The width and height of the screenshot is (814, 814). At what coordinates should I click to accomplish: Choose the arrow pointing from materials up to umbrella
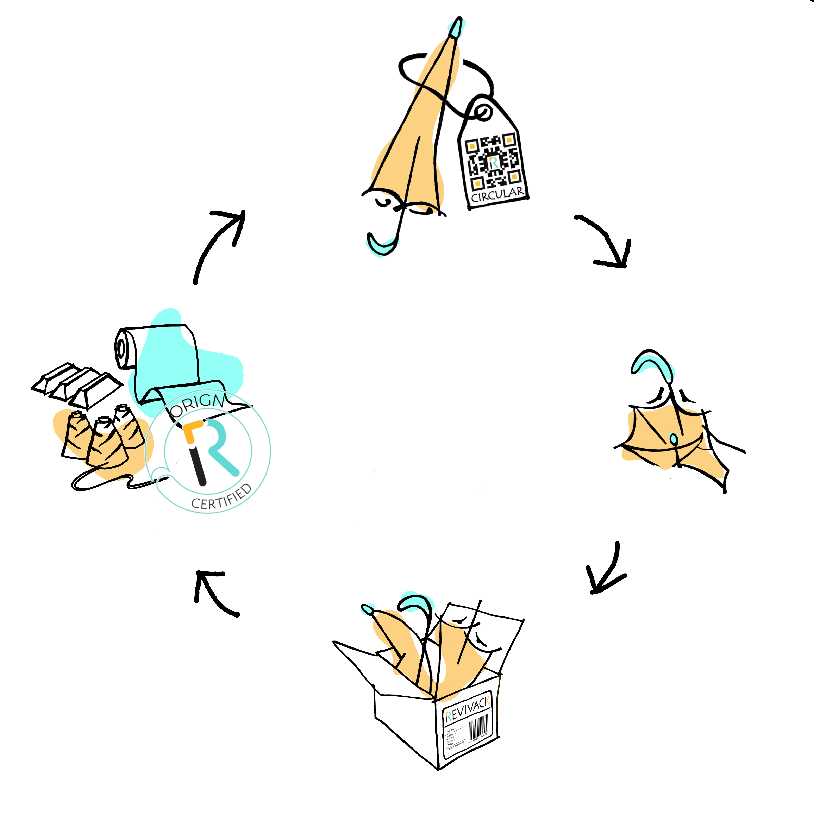click(219, 240)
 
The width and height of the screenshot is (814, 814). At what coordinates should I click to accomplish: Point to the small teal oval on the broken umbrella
click(674, 439)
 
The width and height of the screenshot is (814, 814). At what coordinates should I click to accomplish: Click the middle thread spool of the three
click(105, 442)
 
